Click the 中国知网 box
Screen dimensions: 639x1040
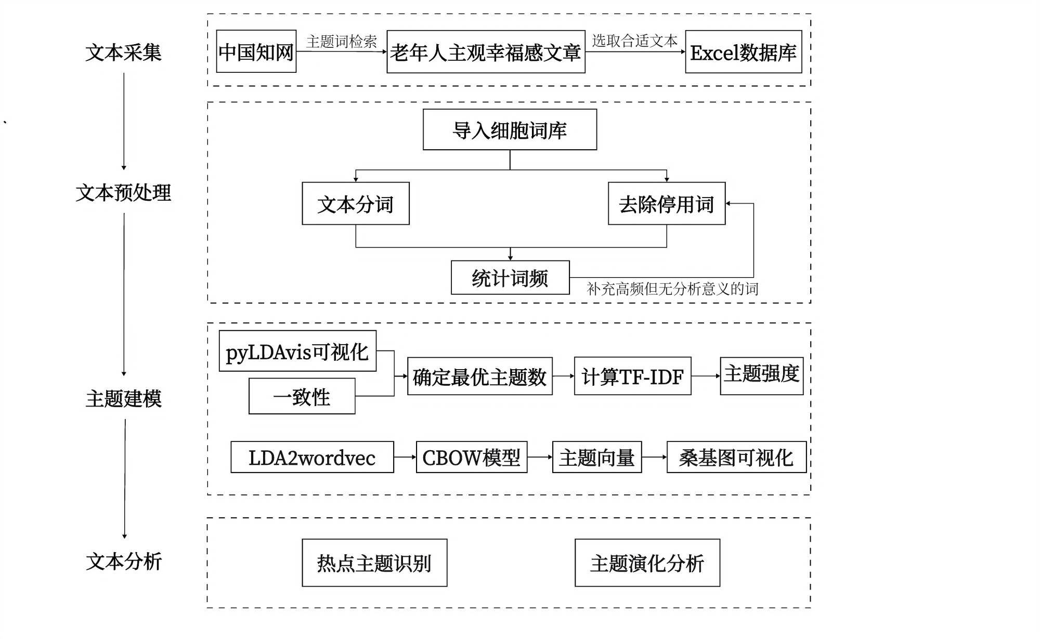point(256,51)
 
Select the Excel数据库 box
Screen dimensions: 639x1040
point(743,52)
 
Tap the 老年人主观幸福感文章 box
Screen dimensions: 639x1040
point(486,52)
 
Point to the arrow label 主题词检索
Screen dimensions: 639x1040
point(341,41)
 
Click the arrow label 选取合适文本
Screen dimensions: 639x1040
point(634,40)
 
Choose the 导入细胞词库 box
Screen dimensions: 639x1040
point(510,129)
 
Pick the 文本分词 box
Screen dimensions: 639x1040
point(356,203)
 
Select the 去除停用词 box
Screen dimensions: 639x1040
point(666,203)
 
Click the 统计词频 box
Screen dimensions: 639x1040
point(510,278)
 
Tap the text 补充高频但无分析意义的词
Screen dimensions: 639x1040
point(672,289)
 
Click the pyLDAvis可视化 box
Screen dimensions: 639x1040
point(297,351)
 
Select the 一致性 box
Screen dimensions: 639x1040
point(302,396)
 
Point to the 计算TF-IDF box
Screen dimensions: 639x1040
point(632,376)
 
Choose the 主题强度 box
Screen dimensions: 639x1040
point(761,375)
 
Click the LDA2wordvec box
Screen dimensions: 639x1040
point(312,457)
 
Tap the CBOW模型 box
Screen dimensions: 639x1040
point(471,457)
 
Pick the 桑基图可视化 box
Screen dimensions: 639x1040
point(736,457)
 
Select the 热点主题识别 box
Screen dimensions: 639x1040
point(374,563)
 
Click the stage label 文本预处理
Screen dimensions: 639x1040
point(123,192)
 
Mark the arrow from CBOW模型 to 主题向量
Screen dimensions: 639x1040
point(540,457)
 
